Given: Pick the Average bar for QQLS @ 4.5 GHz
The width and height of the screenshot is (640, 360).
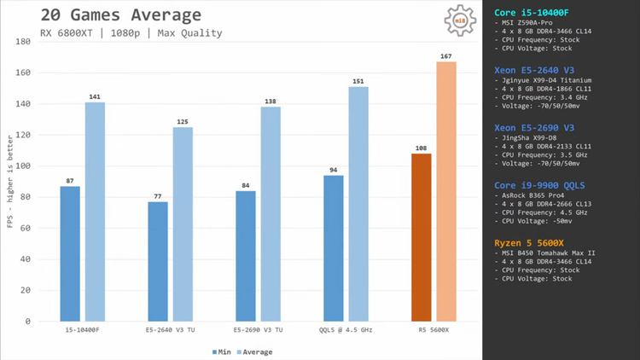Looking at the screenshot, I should click(x=358, y=204).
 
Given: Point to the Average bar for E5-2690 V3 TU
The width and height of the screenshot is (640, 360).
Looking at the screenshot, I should click(x=271, y=213).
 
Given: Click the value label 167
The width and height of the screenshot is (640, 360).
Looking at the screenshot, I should click(x=446, y=55).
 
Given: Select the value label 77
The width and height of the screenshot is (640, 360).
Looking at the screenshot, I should click(x=158, y=195).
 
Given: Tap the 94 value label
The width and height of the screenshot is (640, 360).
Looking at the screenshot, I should click(x=334, y=169).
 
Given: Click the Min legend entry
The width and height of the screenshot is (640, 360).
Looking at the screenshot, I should click(x=221, y=351).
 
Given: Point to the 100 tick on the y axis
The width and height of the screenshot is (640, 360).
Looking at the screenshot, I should click(x=23, y=165).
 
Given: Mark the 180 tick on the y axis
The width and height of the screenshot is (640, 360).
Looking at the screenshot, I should click(x=23, y=42).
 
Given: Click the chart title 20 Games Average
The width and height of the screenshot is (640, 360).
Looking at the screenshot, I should click(x=120, y=15).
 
